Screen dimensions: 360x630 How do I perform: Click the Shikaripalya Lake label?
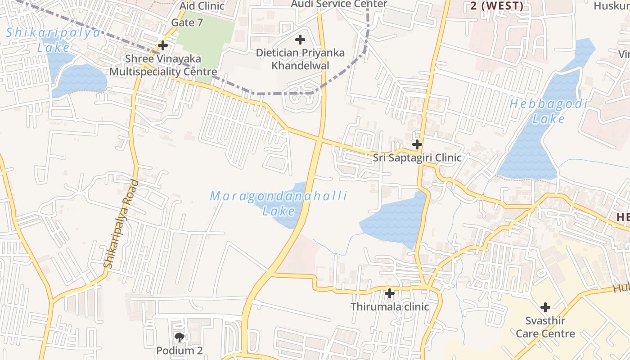click(x=53, y=40)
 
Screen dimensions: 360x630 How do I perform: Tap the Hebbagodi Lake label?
click(x=549, y=112)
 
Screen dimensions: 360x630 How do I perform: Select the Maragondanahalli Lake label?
click(x=279, y=203)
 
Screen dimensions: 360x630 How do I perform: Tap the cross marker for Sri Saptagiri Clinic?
click(x=417, y=144)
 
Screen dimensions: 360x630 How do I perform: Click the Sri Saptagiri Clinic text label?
click(x=417, y=158)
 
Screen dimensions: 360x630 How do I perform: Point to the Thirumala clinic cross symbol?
click(x=390, y=294)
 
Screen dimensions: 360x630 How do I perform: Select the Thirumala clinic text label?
click(x=390, y=307)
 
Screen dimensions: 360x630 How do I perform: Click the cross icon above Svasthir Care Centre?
click(x=545, y=308)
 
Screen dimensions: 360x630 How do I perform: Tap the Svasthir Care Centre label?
click(x=545, y=327)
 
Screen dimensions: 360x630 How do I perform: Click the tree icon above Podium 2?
click(x=180, y=337)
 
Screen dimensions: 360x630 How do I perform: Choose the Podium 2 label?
click(x=180, y=350)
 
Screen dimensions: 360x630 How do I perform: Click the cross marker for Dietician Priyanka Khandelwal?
click(x=300, y=40)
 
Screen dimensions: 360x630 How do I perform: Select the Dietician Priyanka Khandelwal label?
click(x=300, y=59)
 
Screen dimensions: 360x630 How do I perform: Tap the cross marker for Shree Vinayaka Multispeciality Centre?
click(x=163, y=45)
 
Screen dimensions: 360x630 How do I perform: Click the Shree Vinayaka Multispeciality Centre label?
click(x=163, y=65)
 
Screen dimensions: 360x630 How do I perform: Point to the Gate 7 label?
click(x=187, y=23)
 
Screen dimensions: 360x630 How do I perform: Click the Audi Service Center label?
click(x=339, y=4)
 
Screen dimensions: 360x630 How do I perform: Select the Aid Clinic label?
click(x=202, y=6)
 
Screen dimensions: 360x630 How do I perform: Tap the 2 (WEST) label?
click(x=497, y=6)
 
